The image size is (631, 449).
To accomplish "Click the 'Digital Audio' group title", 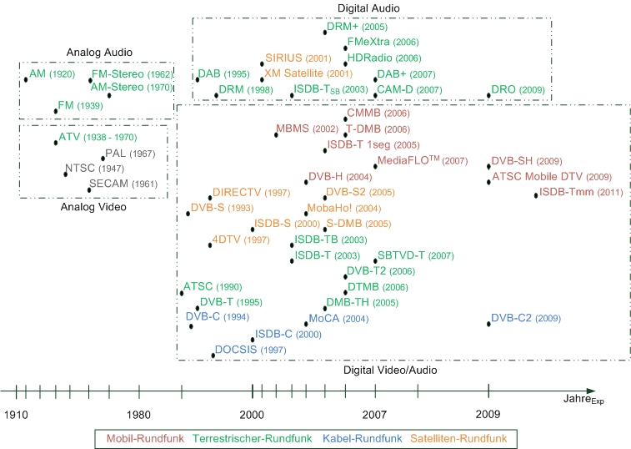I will [x=368, y=8].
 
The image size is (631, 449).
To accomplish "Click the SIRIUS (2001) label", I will [x=298, y=59].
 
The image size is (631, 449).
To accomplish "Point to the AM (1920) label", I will [x=51, y=74].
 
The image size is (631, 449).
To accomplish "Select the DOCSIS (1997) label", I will [x=250, y=350].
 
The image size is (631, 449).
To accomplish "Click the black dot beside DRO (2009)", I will [x=489, y=95].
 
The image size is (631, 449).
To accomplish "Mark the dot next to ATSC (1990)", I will [x=182, y=292].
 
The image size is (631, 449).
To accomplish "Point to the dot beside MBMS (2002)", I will [x=276, y=134].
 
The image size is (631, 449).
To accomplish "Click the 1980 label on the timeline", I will [x=138, y=415].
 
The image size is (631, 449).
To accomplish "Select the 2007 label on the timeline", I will [x=374, y=415].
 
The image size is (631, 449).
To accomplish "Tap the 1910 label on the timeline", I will [x=17, y=415].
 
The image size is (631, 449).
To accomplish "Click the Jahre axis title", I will [x=583, y=401].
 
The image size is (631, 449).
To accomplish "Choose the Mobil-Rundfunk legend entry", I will [x=143, y=436].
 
